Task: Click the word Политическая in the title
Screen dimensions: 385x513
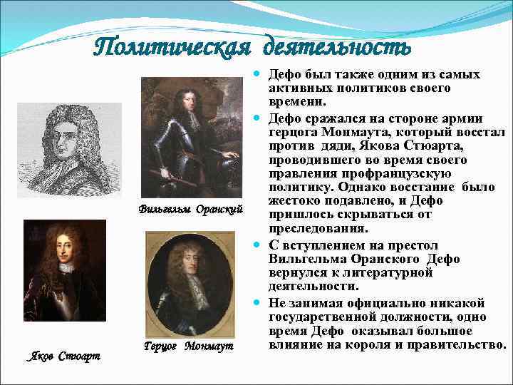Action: pos(174,47)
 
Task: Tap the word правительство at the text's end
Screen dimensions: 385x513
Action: pos(457,344)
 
